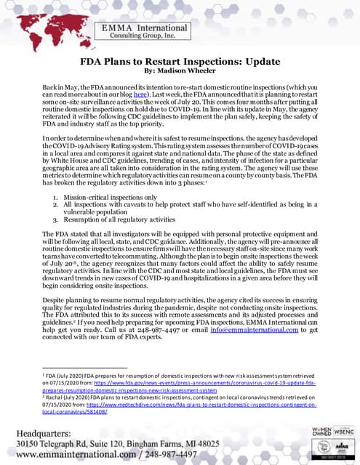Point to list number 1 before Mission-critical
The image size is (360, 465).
click(x=56, y=196)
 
